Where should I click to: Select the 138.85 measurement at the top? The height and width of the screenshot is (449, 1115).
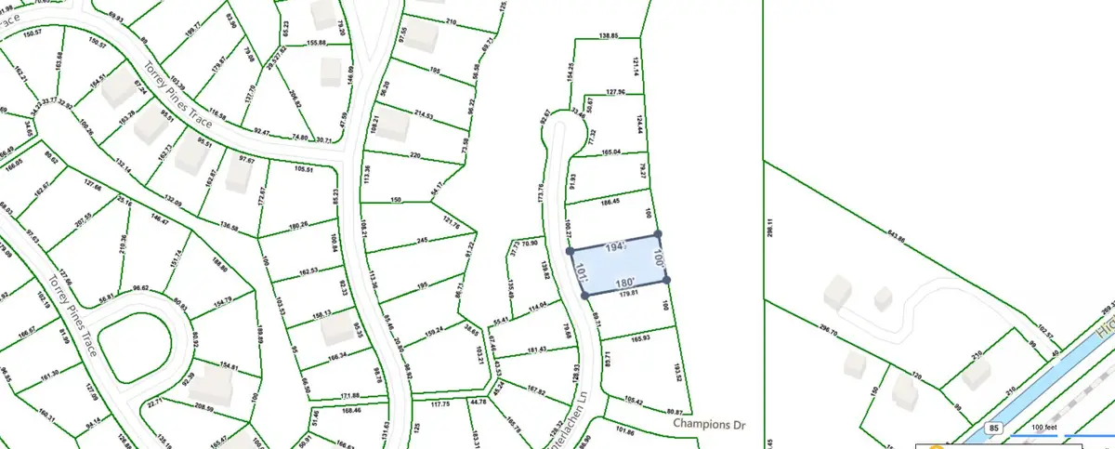(x=609, y=35)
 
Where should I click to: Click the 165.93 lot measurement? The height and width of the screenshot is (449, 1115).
(x=639, y=337)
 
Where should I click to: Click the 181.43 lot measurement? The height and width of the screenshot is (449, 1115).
(x=537, y=349)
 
